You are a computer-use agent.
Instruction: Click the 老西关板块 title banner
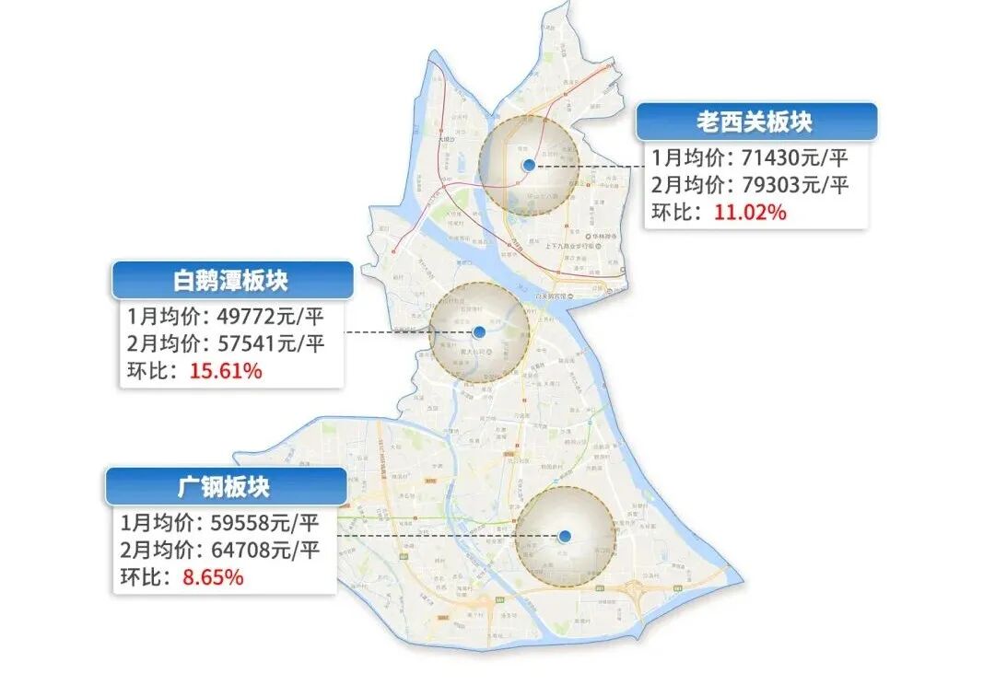pos(755,122)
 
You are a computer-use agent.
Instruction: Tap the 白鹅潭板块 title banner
pos(231,281)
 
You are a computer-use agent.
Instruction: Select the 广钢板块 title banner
pos(225,486)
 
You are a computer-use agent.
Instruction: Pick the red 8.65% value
pos(212,578)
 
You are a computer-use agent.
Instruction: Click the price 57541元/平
pos(271,345)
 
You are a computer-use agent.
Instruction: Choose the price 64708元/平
pos(263,551)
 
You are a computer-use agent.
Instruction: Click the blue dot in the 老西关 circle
pos(528,165)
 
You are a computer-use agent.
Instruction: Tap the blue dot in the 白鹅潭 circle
pos(479,332)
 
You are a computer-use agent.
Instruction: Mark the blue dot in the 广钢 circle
pos(565,536)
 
